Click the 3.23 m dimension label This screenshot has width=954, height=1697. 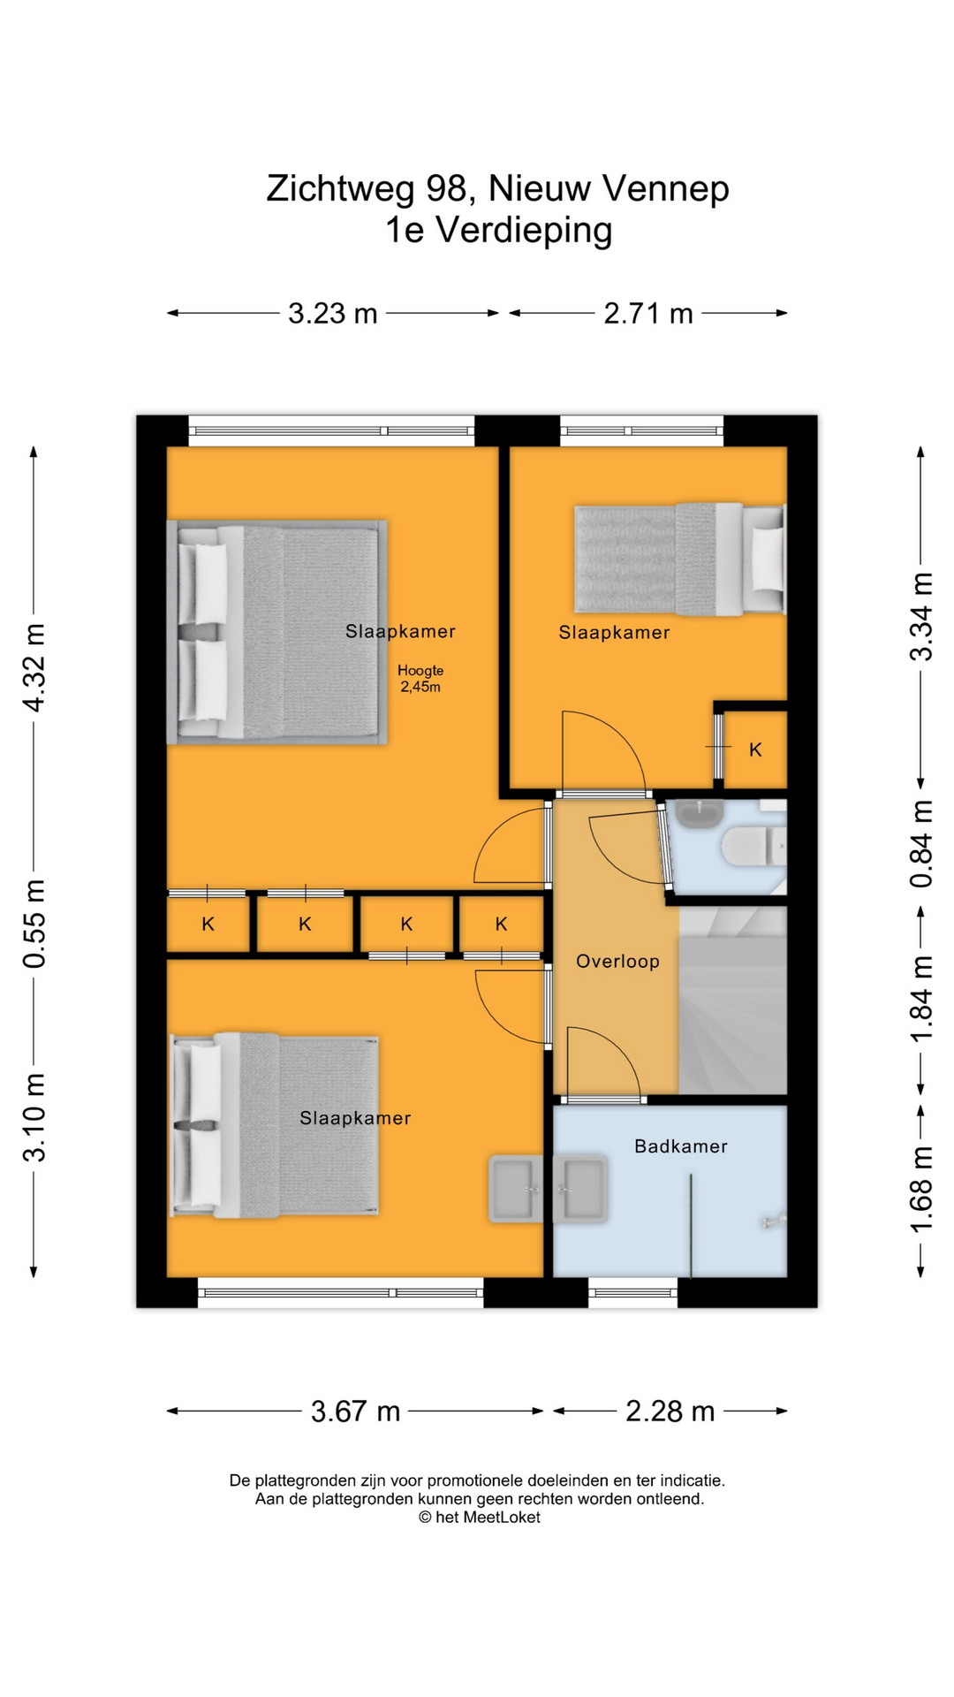coord(332,313)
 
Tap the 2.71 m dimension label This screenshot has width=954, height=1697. coord(647,313)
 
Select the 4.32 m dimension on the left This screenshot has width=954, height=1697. coord(34,667)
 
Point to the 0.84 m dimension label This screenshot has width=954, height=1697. coord(921,843)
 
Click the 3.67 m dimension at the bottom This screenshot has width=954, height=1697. coord(355,1411)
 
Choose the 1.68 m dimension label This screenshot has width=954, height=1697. coord(921,1189)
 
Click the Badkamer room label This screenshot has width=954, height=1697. coord(680,1146)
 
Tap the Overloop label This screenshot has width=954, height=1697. coord(617,962)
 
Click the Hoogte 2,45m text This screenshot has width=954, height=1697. coord(420,679)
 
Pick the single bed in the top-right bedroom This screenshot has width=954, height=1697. coord(678,559)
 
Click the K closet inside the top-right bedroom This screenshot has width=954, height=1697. coord(755,750)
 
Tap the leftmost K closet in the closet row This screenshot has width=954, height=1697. coord(208,925)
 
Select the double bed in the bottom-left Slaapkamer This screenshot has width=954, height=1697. coord(275,1124)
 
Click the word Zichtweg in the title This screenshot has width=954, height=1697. coord(340,188)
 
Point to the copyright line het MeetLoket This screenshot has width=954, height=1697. coord(479,1517)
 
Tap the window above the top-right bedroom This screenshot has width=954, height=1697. coord(641,430)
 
